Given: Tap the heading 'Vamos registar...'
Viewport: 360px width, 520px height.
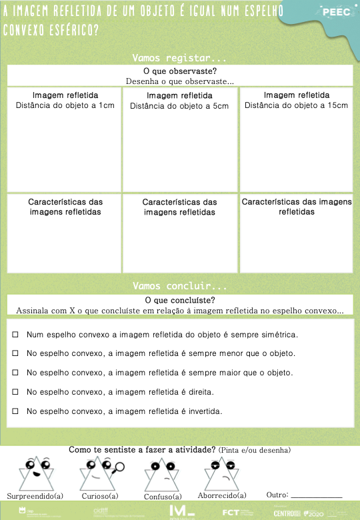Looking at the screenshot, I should point(179,58).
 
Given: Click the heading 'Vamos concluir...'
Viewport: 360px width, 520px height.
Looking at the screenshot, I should point(179,286).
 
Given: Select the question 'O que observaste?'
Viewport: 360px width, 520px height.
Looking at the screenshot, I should point(180,71).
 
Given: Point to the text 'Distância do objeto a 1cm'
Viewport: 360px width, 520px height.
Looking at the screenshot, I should point(65,105).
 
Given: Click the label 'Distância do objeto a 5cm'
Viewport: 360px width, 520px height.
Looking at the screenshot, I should point(179,106).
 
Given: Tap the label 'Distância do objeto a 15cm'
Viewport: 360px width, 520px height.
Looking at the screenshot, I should point(296,105).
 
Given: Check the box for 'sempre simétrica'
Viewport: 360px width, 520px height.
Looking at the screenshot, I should point(15,334).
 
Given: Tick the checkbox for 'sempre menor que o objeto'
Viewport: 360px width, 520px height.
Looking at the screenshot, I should point(15,353).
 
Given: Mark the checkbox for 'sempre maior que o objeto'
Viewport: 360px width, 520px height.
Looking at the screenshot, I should point(15,373).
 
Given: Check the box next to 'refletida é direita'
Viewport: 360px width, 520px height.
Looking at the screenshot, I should point(15,392).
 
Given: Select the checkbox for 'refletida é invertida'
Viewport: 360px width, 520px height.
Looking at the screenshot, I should point(15,411).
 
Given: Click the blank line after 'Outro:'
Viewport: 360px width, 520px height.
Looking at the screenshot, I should point(317,496).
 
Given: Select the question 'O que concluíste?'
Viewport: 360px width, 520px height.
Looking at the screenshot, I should point(179,300).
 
